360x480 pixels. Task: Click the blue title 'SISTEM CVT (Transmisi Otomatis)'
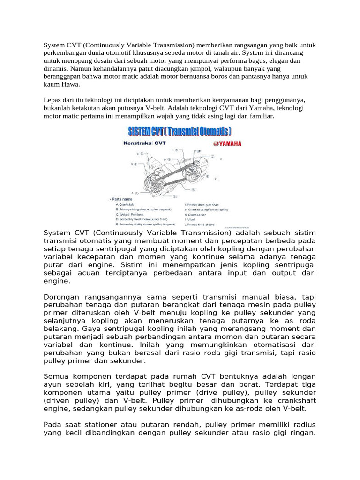(180, 130)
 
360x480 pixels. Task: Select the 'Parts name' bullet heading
(120, 199)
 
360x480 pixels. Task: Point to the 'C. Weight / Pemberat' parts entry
(128, 214)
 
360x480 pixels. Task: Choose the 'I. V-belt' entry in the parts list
(191, 218)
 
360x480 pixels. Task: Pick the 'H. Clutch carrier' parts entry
(195, 214)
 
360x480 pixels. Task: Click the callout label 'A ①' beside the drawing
(134, 193)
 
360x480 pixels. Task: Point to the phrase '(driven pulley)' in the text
(70, 400)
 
